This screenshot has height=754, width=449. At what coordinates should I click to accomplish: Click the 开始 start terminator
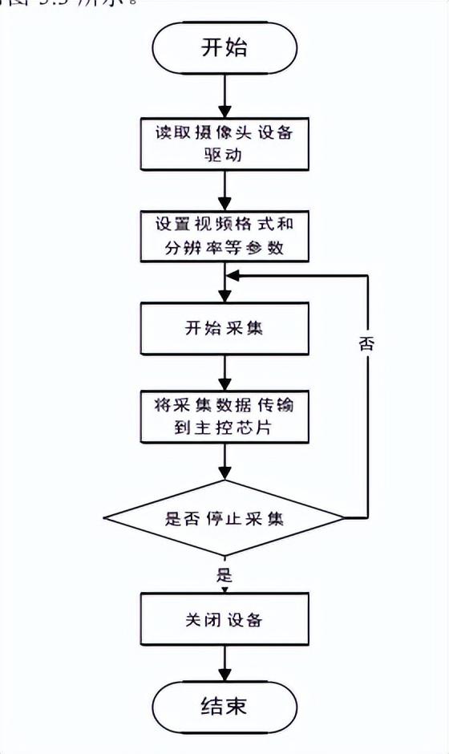click(x=224, y=48)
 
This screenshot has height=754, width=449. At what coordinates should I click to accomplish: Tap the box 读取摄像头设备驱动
click(x=224, y=145)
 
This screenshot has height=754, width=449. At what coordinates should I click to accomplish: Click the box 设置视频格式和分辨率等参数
click(x=224, y=236)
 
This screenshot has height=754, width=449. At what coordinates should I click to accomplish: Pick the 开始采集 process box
click(x=224, y=329)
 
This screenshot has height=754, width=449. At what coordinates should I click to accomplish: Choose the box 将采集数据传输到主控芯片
click(x=224, y=416)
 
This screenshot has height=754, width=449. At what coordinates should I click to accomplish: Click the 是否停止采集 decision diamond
click(x=224, y=518)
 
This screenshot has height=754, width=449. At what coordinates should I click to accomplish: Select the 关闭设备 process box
click(x=224, y=620)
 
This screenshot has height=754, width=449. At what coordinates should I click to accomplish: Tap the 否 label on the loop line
click(x=366, y=344)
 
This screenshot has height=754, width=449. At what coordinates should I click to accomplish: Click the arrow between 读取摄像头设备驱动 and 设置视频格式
click(x=224, y=191)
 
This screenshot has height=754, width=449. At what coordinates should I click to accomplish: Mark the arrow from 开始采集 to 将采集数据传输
click(x=224, y=371)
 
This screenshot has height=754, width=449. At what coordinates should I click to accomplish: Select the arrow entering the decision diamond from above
click(x=224, y=461)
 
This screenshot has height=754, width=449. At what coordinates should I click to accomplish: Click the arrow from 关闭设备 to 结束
click(x=224, y=664)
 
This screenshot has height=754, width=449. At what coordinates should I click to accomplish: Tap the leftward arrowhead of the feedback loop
click(x=233, y=275)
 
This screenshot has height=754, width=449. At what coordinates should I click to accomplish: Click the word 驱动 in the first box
click(x=224, y=156)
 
